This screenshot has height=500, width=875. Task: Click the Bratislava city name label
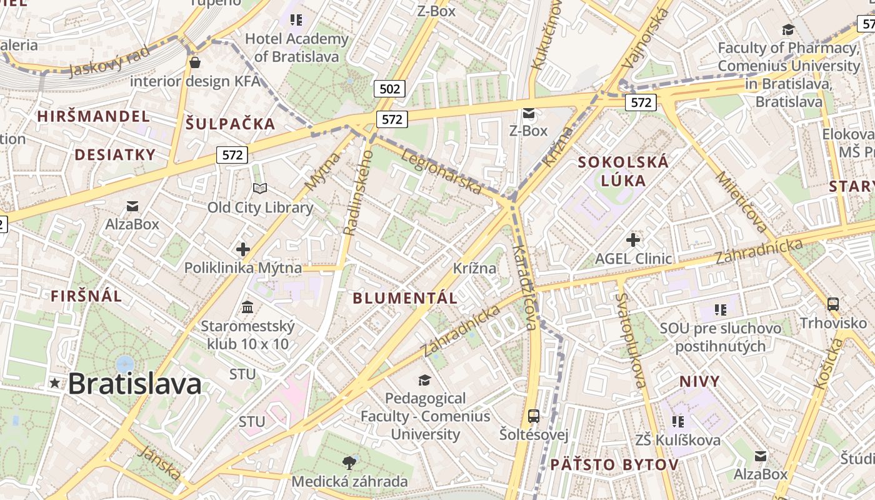[134, 383]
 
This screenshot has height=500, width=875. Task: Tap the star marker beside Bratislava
[56, 383]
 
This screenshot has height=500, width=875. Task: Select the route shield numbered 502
[389, 89]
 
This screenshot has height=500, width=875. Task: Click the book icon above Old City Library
[259, 188]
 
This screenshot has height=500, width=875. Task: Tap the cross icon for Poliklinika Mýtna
[243, 249]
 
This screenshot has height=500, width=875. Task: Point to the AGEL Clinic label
[633, 258]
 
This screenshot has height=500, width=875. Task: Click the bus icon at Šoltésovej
[533, 416]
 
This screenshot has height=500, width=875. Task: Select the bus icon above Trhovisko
[833, 304]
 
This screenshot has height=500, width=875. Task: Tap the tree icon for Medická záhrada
[349, 462]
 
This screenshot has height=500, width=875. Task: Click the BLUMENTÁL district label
[405, 298]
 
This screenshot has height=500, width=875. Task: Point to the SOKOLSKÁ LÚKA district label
[622, 171]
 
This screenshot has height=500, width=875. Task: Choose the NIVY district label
[699, 381]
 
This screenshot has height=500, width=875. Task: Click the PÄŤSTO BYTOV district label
[614, 464]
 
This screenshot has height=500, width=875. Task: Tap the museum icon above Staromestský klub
[247, 307]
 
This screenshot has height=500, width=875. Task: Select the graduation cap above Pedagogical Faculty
[425, 380]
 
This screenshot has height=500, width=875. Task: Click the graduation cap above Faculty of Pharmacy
[788, 29]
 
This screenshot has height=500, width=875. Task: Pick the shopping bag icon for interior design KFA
[195, 62]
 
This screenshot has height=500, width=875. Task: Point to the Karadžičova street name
[524, 287]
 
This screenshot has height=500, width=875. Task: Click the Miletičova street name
[741, 202]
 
